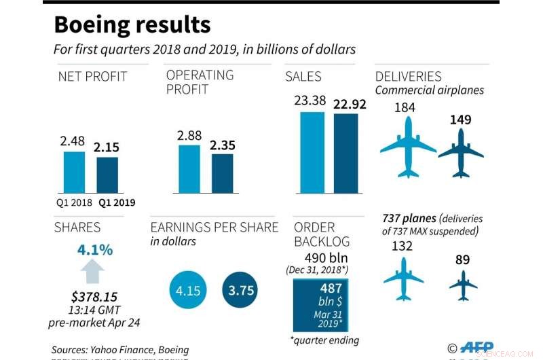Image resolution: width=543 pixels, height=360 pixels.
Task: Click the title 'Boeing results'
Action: pyautogui.click(x=132, y=25)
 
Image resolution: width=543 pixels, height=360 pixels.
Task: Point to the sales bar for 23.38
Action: pyautogui.click(x=312, y=152)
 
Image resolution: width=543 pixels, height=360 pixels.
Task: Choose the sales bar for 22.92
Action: pyautogui.click(x=345, y=153)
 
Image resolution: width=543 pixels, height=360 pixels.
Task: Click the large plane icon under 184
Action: pyautogui.click(x=408, y=146)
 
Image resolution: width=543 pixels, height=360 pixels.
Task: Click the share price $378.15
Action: pyautogui.click(x=94, y=296)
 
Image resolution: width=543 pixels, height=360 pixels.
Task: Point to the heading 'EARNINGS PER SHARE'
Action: pyautogui.click(x=214, y=227)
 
